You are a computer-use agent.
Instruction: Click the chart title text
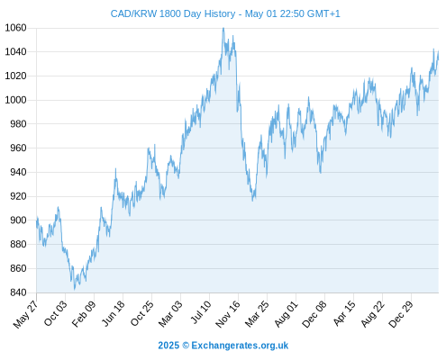[225, 13]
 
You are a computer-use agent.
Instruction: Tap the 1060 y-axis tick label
[15, 28]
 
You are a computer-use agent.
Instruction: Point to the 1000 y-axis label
[15, 100]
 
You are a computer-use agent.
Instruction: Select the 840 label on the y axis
[18, 292]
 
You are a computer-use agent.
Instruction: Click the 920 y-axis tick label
[18, 196]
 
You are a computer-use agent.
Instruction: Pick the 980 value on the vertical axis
[18, 124]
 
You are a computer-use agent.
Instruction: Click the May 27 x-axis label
[26, 313]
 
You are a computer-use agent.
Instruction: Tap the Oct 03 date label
[55, 313]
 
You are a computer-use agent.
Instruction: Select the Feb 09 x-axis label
[84, 313]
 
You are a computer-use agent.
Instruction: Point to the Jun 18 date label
[113, 313]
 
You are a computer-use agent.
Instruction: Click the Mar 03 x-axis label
[170, 313]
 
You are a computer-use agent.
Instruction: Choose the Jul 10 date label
[201, 312]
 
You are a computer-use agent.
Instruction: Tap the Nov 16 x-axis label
[228, 314]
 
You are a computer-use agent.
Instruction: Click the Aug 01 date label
[286, 313]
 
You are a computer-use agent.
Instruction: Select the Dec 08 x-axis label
[314, 314]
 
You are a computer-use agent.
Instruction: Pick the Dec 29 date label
[401, 314]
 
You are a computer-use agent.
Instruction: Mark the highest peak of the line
[223, 28]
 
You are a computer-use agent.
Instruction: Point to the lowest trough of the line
[75, 289]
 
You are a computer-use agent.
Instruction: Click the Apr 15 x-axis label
[344, 313]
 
